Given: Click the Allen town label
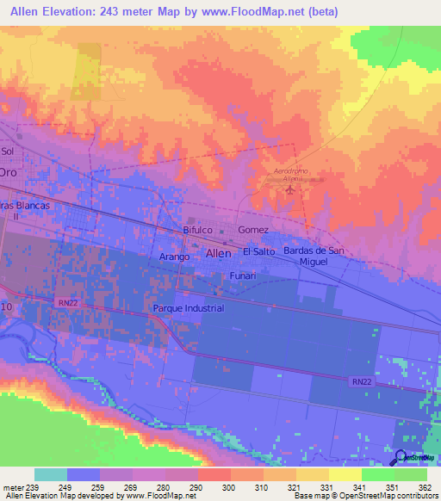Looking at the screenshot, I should coord(218,254).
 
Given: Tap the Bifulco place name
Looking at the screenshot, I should coord(198,231).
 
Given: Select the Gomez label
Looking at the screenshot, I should coord(254,231).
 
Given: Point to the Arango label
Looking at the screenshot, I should coord(175,257).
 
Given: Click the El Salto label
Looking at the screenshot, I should coord(258,251).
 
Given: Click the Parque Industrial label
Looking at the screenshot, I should coord(188,308).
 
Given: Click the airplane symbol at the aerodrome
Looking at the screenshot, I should coord(289,189).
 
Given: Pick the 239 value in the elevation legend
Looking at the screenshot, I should coord(34,486).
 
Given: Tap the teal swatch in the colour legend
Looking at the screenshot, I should coord(50,474).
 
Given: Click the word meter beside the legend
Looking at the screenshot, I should coord(12,486).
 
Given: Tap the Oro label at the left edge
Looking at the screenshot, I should coord(8,172).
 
